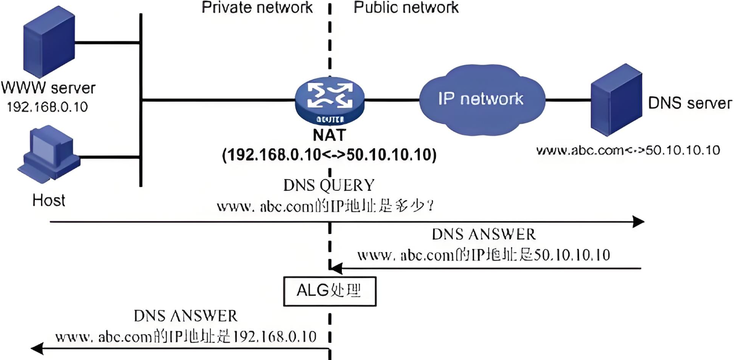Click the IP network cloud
(480, 99)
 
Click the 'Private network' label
(257, 7)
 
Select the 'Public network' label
(406, 7)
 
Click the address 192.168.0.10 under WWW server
(47, 107)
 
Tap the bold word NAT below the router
(330, 136)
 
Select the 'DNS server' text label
(690, 103)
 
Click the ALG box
(330, 291)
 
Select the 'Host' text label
(49, 200)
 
